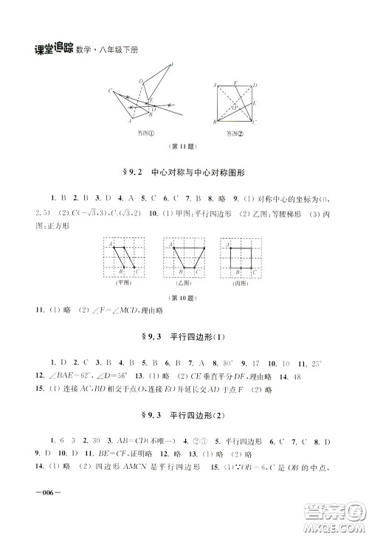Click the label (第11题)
(x=185, y=146)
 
